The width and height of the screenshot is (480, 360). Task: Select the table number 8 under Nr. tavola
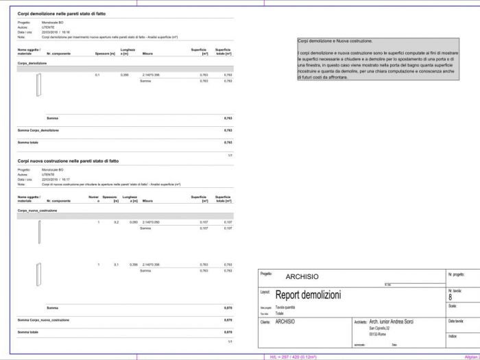[x=450, y=298]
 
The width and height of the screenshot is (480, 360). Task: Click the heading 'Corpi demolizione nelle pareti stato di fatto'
[x=62, y=14]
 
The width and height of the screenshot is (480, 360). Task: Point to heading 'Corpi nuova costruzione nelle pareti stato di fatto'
[x=68, y=160]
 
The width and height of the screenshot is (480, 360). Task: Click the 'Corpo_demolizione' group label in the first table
[x=32, y=62]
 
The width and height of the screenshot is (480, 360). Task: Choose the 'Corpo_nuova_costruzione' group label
[x=37, y=211]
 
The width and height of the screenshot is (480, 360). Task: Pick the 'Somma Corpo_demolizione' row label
[x=38, y=130]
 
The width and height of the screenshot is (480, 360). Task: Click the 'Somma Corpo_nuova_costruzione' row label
[x=43, y=320]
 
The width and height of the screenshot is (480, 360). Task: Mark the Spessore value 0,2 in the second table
[x=117, y=223]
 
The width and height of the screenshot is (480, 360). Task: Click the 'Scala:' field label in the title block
[x=452, y=306]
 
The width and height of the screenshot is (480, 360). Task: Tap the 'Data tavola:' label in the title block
[x=456, y=321]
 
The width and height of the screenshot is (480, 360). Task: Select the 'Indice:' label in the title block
[x=453, y=336]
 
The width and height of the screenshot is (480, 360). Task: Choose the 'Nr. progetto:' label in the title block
[x=456, y=274]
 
